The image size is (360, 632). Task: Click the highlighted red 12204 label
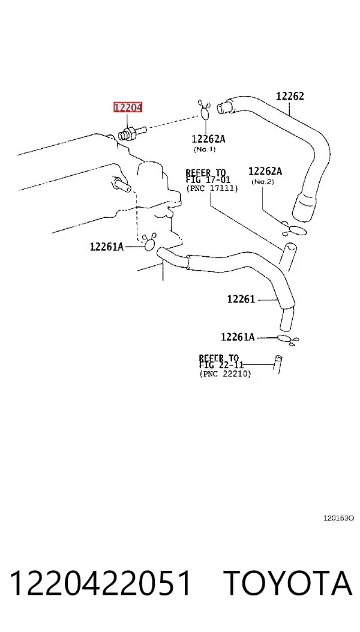(x=127, y=107)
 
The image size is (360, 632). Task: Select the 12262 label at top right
(x=290, y=96)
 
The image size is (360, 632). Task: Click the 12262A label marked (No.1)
(x=208, y=139)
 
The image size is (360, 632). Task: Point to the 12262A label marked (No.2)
(x=265, y=171)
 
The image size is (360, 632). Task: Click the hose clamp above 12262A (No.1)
(x=205, y=110)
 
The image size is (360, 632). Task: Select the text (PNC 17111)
(x=212, y=188)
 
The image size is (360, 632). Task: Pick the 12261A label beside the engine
(x=106, y=246)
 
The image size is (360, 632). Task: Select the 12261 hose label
(x=241, y=299)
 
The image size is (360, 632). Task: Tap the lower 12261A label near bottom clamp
(x=238, y=337)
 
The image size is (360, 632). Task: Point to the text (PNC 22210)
(x=225, y=374)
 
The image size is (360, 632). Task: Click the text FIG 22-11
(x=221, y=365)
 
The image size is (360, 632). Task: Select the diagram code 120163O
(x=338, y=518)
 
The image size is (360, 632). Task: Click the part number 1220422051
(x=100, y=583)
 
